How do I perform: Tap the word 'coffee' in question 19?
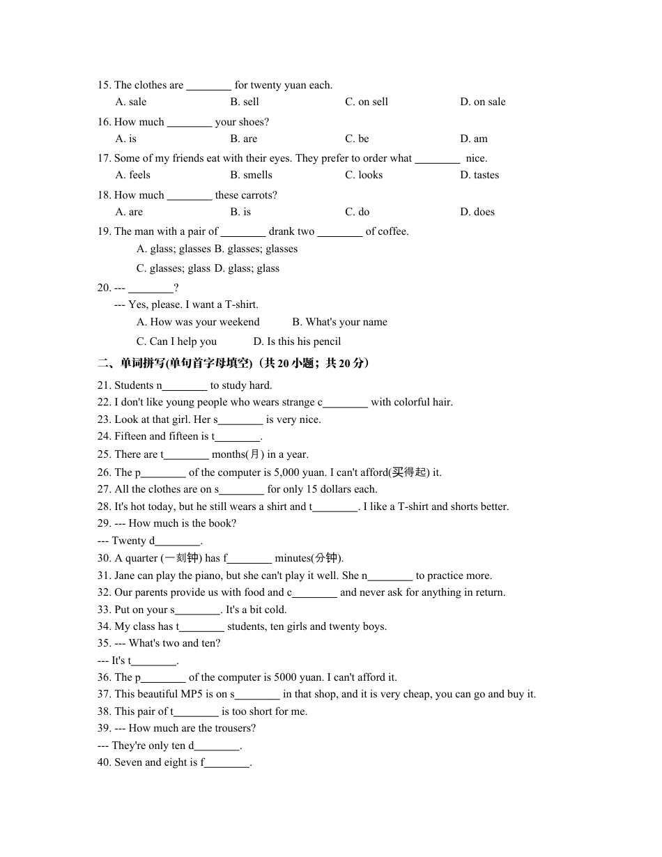coord(392,231)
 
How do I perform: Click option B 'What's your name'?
coord(339,322)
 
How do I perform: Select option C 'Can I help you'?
coord(176,341)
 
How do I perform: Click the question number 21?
coord(105,385)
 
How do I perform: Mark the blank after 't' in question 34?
coord(201,626)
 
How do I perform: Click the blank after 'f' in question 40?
coord(227,762)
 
